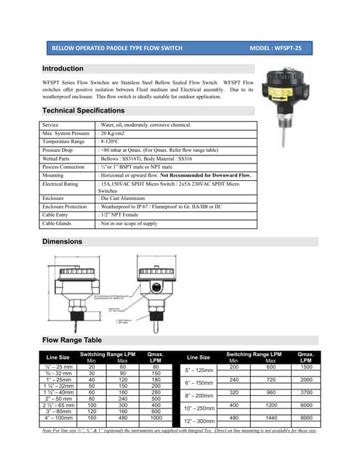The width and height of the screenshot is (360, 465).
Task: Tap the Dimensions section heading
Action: (62, 241)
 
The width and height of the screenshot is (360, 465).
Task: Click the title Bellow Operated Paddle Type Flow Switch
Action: (116, 48)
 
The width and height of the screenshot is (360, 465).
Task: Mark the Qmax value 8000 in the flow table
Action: (305, 418)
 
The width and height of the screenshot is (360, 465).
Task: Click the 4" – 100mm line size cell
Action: (58, 418)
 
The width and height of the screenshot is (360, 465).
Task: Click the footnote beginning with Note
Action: (180, 431)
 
